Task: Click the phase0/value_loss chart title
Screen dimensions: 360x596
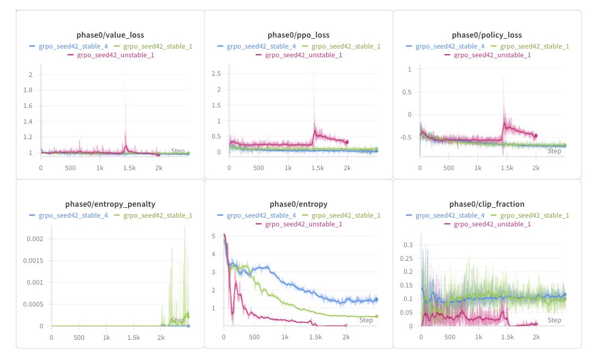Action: point(110,35)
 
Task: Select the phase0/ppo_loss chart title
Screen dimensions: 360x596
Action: point(298,35)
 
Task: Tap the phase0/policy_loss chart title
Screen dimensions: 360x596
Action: point(487,35)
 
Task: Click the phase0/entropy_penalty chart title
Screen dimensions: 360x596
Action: point(110,204)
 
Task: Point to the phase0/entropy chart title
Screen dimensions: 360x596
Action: point(298,204)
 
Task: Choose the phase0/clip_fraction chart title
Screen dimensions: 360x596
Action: point(487,204)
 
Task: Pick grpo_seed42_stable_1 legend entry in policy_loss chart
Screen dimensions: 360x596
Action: point(534,46)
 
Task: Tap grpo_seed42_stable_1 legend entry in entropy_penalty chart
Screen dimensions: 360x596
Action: point(158,215)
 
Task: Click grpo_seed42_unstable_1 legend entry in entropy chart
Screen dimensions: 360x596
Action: point(304,224)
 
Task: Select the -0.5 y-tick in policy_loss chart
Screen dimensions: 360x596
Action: point(404,137)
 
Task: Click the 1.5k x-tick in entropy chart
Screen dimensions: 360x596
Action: point(315,337)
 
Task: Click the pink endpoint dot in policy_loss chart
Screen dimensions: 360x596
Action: point(535,135)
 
